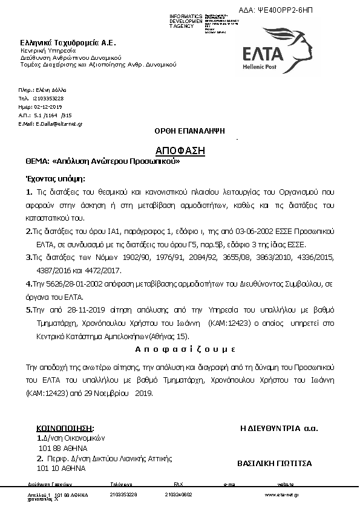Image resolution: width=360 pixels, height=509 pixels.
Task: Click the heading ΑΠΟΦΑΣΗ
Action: pos(180,151)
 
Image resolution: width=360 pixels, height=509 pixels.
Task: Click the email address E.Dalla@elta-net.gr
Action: pos(50,123)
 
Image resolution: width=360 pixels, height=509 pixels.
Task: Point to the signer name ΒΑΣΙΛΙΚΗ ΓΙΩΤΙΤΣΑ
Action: pos(274,464)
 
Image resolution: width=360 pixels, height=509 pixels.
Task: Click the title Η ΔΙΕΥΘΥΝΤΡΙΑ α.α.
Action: pos(279,429)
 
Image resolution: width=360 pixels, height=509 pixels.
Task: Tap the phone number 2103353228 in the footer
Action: pos(124,494)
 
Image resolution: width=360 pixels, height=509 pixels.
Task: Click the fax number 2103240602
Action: pos(178,494)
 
